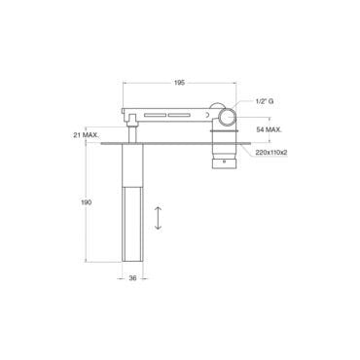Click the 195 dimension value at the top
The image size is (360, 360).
(x=179, y=83)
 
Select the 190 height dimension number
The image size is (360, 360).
(x=86, y=202)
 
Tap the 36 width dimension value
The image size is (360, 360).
(x=132, y=278)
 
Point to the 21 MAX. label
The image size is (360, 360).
(x=86, y=135)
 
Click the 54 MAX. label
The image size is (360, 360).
(x=270, y=129)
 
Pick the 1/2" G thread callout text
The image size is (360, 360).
(x=265, y=101)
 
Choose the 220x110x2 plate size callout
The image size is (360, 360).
(x=271, y=153)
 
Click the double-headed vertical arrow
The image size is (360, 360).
(x=158, y=218)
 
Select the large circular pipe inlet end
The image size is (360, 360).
(x=228, y=117)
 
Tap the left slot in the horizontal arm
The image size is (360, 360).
(x=155, y=115)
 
